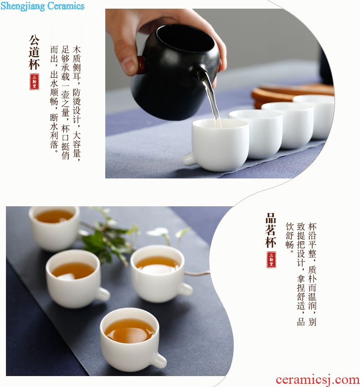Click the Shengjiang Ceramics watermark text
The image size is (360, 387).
point(42,5)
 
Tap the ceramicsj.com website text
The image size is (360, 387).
point(318,380)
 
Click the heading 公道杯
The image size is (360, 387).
point(34,52)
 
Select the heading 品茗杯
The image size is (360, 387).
point(271,230)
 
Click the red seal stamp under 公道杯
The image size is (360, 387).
point(34,81)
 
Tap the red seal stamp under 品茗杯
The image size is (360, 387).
point(271,260)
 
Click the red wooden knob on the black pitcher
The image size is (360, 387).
point(141,65)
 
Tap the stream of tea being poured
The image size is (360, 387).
point(212,99)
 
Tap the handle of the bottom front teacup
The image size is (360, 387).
point(158,360)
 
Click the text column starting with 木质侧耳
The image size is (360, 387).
point(77,103)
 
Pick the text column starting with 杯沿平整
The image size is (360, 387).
point(312,274)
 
